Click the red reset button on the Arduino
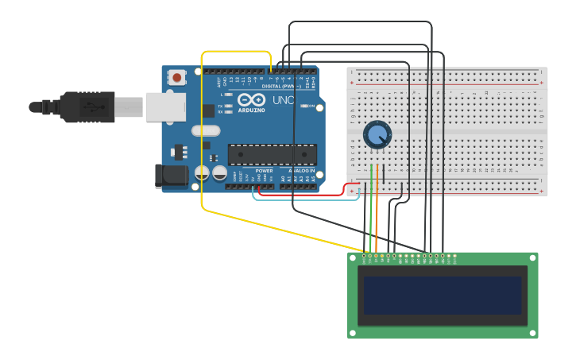tap(176, 77)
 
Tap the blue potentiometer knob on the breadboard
tap(377, 135)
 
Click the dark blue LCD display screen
tap(443, 296)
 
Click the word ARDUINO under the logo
tap(251, 110)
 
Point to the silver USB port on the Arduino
tap(165, 106)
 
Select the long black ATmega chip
tap(272, 154)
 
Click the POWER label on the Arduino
tap(265, 171)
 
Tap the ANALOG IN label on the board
tap(301, 171)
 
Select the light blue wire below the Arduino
tap(306, 199)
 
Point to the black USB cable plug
tap(87, 106)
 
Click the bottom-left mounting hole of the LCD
tap(354, 332)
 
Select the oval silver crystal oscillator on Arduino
tap(205, 130)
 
